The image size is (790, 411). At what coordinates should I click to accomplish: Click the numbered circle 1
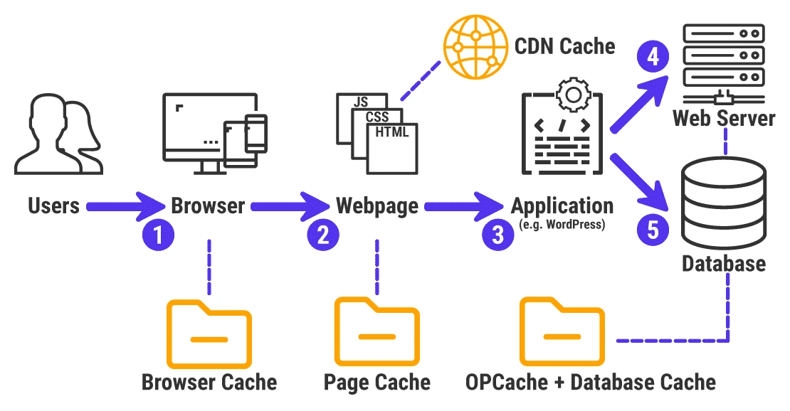pyautogui.click(x=159, y=235)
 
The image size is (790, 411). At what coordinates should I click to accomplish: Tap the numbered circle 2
pyautogui.click(x=322, y=235)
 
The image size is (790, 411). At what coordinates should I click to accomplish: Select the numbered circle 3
pyautogui.click(x=497, y=234)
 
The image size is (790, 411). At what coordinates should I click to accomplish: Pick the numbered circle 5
pyautogui.click(x=651, y=229)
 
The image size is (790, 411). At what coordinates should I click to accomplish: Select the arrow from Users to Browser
pyautogui.click(x=124, y=207)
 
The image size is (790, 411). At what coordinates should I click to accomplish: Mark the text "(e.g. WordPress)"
pyautogui.click(x=562, y=225)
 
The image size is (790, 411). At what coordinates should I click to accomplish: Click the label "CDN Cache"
pyautogui.click(x=564, y=46)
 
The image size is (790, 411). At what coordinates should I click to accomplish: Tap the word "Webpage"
pyautogui.click(x=376, y=206)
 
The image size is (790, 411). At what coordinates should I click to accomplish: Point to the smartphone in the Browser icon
pyautogui.click(x=255, y=133)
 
